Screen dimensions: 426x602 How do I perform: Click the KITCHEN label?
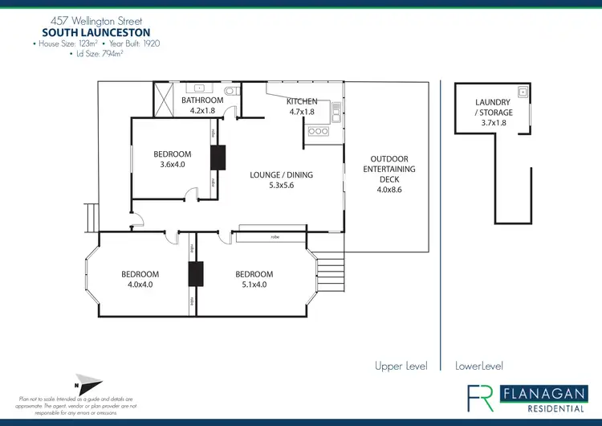coord(302,101)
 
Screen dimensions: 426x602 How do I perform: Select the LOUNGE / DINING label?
coord(281,174)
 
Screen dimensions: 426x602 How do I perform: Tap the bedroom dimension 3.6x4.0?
coord(173,164)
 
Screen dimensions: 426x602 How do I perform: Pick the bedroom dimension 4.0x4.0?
coord(140,284)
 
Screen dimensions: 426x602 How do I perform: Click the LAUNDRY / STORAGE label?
coord(494,108)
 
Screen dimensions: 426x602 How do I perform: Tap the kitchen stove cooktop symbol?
coord(319,131)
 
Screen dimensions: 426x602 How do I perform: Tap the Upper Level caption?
coord(401,366)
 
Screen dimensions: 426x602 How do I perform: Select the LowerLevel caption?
coord(479,366)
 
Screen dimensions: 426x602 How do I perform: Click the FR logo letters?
coord(481,397)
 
